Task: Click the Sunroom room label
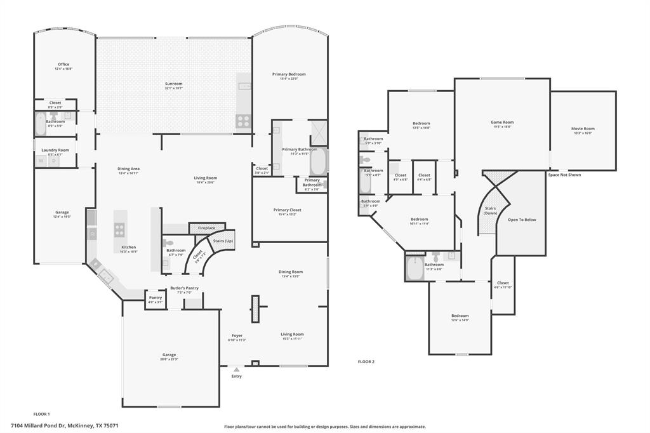[173, 84]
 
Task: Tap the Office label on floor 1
[63, 64]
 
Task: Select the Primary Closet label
[287, 210]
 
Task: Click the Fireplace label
[206, 228]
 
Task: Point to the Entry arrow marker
[237, 369]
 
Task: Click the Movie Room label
[583, 129]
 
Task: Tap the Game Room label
[502, 122]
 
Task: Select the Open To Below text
[522, 220]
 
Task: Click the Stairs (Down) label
[491, 210]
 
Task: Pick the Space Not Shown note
[564, 175]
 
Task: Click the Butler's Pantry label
[184, 288]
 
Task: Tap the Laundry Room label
[55, 150]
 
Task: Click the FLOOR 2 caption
[366, 361]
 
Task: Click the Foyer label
[237, 335]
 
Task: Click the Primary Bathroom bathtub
[318, 161]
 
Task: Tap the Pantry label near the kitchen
[155, 298]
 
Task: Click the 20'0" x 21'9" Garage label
[169, 355]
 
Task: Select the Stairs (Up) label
[223, 241]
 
